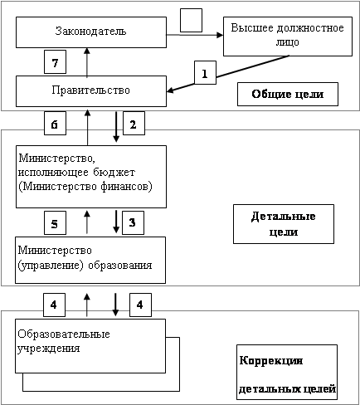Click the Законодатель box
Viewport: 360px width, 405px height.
91,32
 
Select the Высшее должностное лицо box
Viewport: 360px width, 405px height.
288,37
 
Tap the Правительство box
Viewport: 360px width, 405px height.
91,91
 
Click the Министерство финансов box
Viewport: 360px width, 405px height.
91,177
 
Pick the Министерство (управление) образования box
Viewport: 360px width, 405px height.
90,260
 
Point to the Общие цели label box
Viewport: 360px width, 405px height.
288,94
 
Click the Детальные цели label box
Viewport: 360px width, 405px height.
284,224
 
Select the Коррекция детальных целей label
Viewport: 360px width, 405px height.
287,372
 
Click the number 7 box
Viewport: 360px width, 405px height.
55,61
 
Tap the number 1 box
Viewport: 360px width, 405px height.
205,72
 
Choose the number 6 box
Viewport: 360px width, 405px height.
55,123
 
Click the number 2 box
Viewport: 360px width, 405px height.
134,123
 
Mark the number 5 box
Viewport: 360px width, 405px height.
55,222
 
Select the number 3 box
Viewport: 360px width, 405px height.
133,222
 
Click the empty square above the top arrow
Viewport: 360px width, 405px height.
191,20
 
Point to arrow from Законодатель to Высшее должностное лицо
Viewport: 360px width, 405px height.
195,35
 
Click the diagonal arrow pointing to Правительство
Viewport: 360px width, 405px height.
228,73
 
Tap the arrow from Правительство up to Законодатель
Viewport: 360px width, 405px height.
87,61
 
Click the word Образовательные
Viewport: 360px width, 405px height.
64,334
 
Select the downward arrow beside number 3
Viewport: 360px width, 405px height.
116,222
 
